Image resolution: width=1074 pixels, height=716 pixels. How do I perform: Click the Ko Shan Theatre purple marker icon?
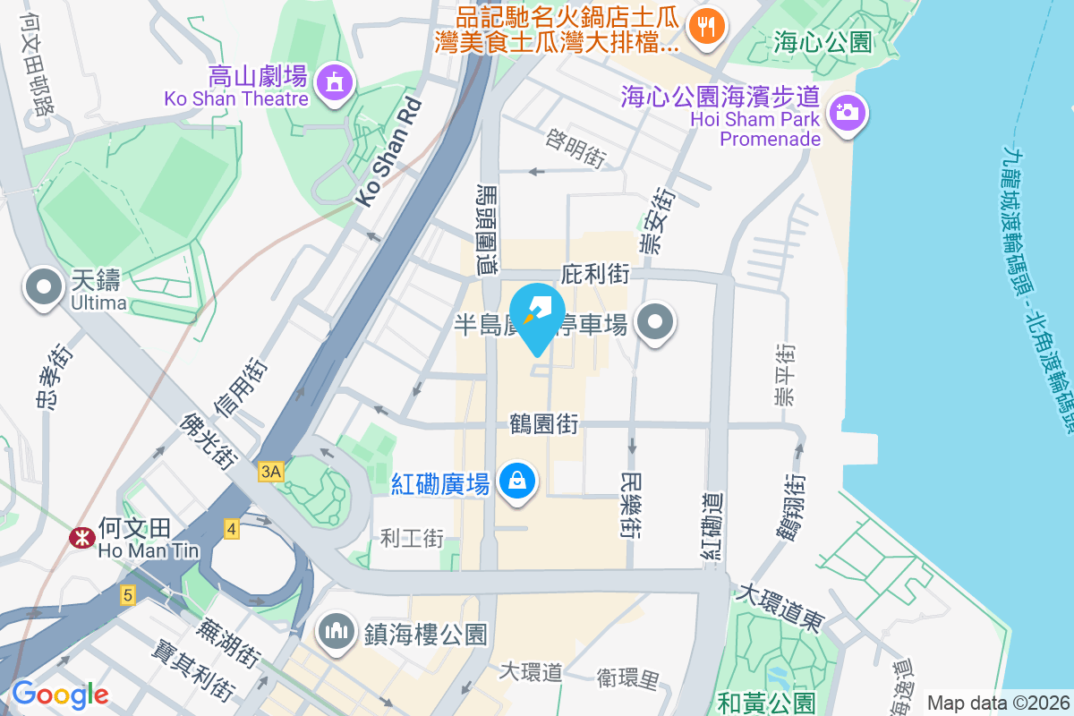pos(335,82)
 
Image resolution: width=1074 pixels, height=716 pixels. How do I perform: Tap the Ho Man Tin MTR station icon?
pos(82,537)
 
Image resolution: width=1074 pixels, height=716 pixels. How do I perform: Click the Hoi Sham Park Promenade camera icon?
pos(846,113)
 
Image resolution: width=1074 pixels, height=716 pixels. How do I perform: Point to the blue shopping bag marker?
pos(517,481)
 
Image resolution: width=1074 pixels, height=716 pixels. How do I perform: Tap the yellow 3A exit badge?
pos(271,471)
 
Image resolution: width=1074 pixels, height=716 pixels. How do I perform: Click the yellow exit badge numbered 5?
pos(129,594)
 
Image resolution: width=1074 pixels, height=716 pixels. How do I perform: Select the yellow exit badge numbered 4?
pos(232,529)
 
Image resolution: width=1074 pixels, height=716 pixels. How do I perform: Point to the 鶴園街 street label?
pos(545,422)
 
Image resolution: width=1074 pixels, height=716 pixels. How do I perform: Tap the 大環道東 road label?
pos(778,608)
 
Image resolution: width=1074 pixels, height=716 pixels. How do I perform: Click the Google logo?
pos(60,694)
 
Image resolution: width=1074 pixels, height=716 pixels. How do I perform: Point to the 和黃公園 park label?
pos(769,703)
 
